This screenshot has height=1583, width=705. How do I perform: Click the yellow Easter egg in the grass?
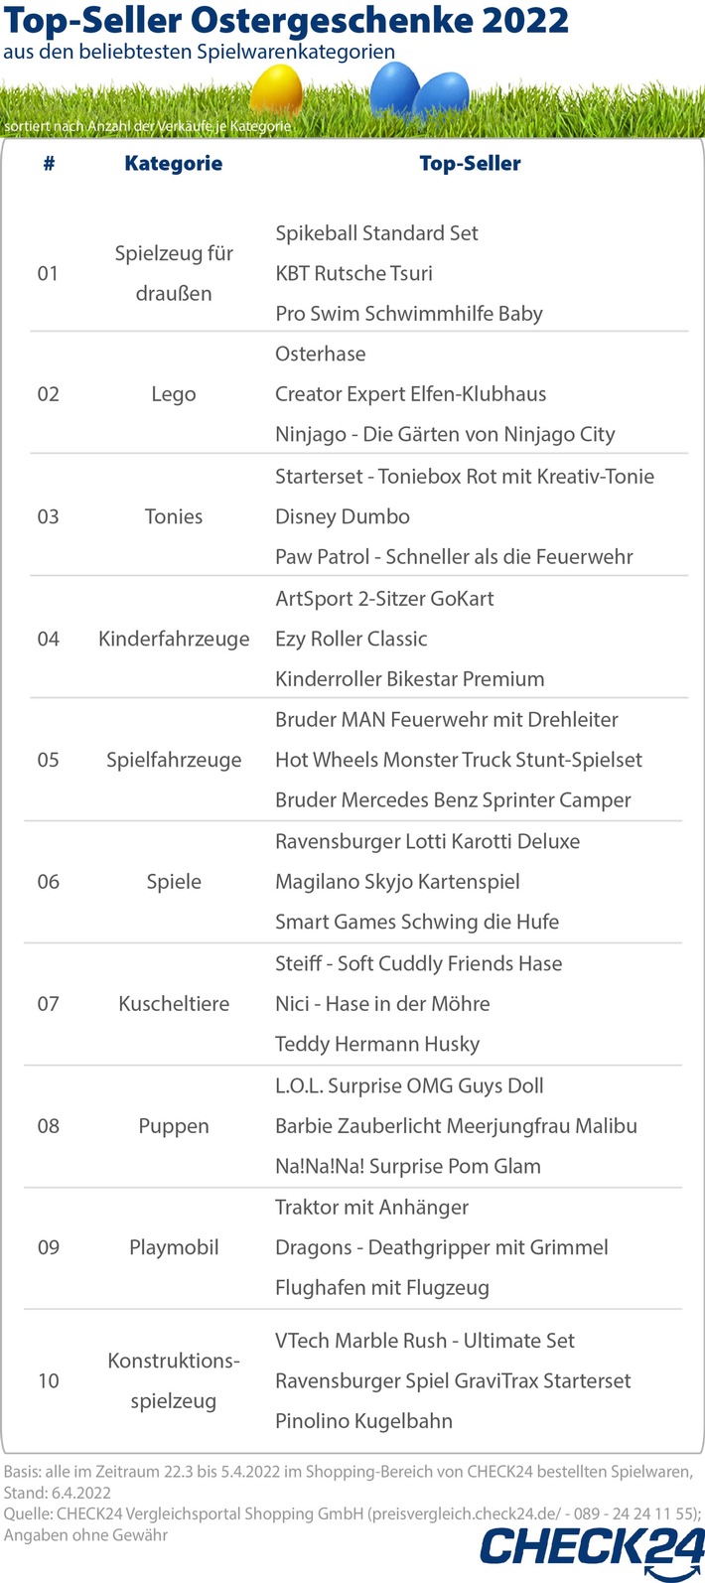point(276,91)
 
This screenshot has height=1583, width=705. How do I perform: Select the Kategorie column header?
point(173,164)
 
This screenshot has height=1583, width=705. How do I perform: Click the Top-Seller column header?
point(470,164)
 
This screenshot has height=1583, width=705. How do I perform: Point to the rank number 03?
point(48,516)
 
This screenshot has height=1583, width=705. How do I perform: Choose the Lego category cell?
point(173,394)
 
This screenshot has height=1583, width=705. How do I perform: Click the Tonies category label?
point(173,516)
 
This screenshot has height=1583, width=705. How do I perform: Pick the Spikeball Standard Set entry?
point(376,233)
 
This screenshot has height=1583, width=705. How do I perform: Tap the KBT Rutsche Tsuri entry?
point(353,273)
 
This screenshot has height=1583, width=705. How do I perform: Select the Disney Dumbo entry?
point(343,516)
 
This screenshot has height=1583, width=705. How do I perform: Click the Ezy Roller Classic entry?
point(352,639)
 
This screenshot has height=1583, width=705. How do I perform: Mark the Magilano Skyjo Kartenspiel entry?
point(397,882)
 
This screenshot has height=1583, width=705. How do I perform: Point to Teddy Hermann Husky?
point(377,1044)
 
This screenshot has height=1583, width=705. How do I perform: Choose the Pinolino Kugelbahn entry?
point(363,1421)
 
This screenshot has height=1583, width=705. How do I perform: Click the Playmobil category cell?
point(174,1247)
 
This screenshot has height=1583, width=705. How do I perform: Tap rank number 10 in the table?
point(48,1380)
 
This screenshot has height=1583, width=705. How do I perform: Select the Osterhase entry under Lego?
point(320,355)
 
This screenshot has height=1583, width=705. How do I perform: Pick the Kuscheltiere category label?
point(174,1004)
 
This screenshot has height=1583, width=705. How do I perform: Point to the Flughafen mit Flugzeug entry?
point(382,1288)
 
